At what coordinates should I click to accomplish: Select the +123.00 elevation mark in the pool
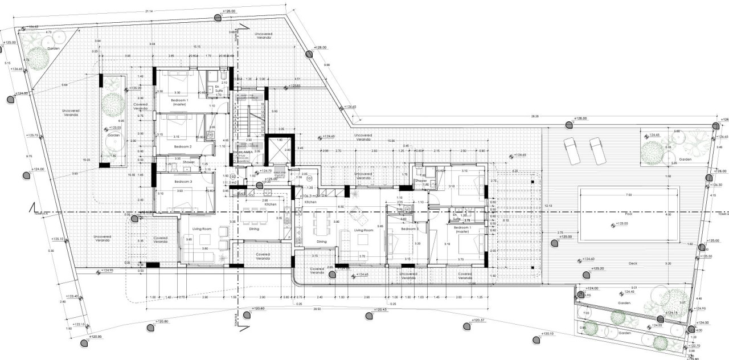pyautogui.click(x=622, y=224)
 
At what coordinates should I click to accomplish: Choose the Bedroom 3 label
pyautogui.click(x=184, y=181)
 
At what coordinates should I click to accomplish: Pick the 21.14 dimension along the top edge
pyautogui.click(x=149, y=11)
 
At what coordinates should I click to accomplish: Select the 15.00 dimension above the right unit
pyautogui.click(x=391, y=141)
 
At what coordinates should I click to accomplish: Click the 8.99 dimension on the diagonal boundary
pyautogui.click(x=327, y=65)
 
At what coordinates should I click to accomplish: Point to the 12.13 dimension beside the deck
pyautogui.click(x=548, y=205)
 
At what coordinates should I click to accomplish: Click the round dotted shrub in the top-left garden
pyautogui.click(x=38, y=58)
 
